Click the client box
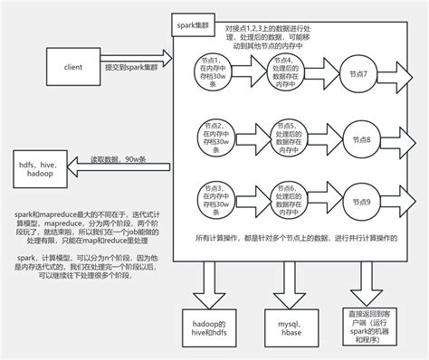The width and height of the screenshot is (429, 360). coord(74,66)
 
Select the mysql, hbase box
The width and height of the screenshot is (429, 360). coord(291,327)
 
